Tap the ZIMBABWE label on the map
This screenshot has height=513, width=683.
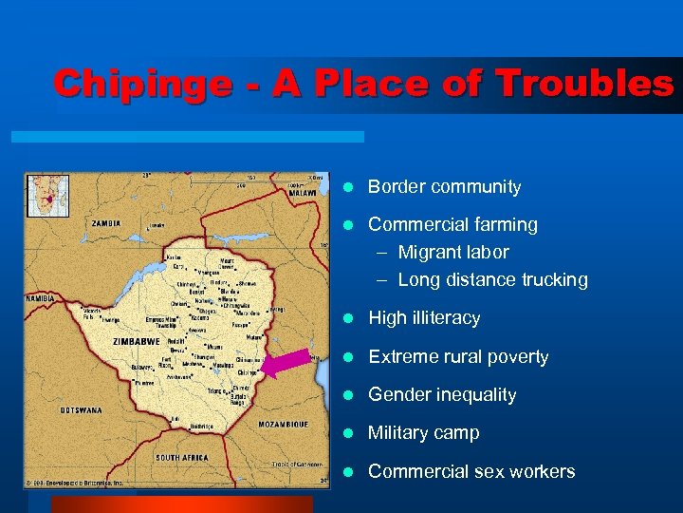135,338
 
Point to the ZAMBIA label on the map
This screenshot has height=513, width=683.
106,223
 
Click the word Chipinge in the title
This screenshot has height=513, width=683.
141,85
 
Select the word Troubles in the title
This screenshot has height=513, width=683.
581,85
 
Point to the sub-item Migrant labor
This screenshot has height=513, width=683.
452,253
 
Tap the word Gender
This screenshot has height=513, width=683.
398,395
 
